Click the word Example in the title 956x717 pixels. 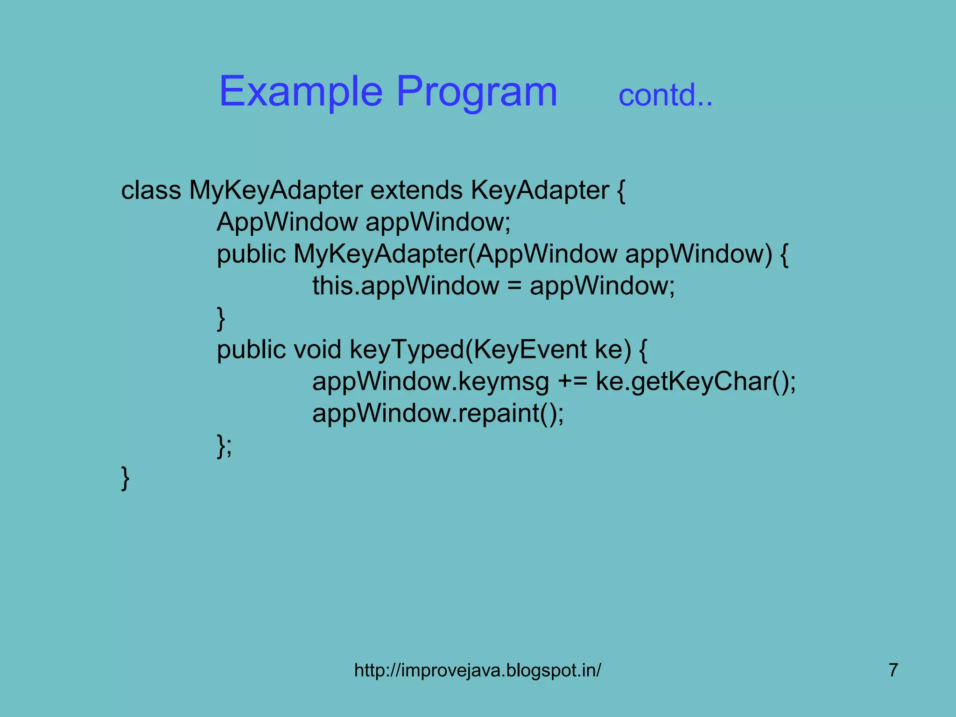pos(301,92)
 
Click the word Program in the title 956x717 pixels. pos(477,92)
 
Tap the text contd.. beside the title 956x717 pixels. pos(665,95)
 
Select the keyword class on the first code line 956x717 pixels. pos(151,190)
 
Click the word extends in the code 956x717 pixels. pos(416,190)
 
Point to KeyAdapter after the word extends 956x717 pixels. pos(540,190)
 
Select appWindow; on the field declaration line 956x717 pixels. pos(438,222)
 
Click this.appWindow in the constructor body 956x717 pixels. pos(405,286)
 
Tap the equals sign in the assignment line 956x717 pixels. pos(514,287)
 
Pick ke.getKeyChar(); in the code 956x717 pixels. pos(696,382)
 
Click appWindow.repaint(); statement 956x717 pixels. pos(438,414)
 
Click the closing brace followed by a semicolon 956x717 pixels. pos(224,446)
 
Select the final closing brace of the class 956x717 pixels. pos(125,478)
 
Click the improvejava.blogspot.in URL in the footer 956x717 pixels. pos(478,670)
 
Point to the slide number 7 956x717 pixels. pos(893,670)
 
